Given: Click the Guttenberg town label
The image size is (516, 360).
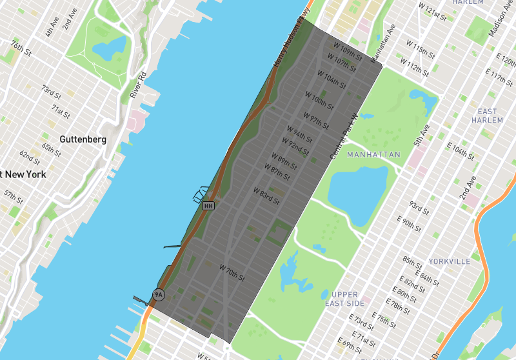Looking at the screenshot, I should [x=82, y=139].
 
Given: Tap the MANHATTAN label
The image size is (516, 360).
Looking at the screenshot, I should [x=373, y=155].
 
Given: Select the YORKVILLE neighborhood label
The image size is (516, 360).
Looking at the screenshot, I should [x=450, y=261].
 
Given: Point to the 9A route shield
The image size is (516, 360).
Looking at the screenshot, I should [x=158, y=295].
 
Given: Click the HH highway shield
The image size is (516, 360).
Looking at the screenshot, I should [x=208, y=206].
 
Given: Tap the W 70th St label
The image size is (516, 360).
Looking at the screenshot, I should [x=232, y=272].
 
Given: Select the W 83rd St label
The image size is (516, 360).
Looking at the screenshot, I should [x=266, y=196].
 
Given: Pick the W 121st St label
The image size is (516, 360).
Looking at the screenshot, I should [x=432, y=9].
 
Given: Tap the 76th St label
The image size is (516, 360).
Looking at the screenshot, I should [x=21, y=48].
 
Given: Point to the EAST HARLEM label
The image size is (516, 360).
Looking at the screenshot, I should [x=488, y=116].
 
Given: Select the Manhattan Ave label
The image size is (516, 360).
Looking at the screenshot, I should [x=382, y=44].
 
